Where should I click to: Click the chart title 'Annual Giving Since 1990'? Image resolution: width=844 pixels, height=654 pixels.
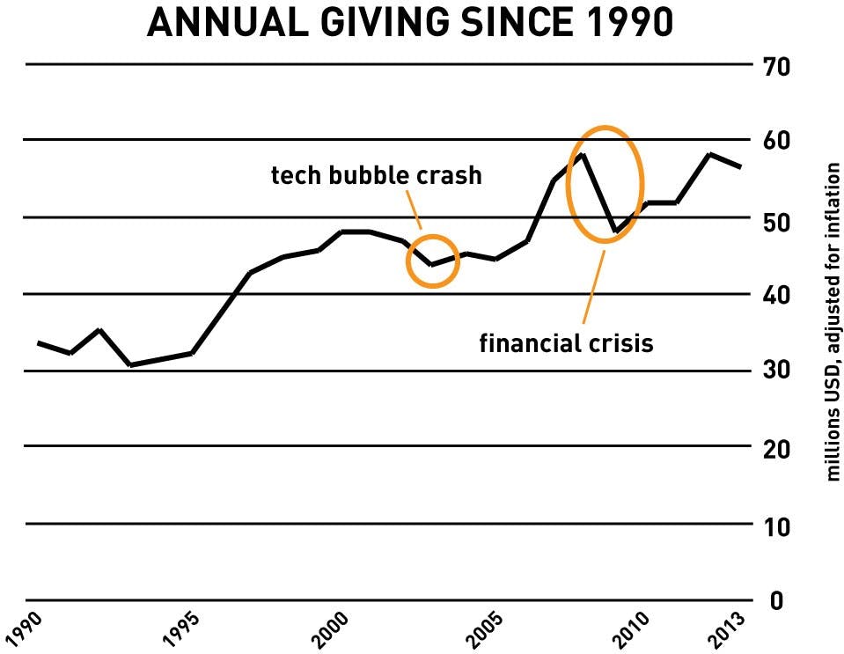[x=410, y=24]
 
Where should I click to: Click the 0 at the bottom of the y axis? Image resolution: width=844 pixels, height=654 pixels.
[x=777, y=602]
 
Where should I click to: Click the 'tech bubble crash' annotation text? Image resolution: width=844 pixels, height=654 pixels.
[x=376, y=175]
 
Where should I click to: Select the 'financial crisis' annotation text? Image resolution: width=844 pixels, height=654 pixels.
[x=566, y=342]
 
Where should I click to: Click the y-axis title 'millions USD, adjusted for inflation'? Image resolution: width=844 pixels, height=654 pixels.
[x=832, y=321]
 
